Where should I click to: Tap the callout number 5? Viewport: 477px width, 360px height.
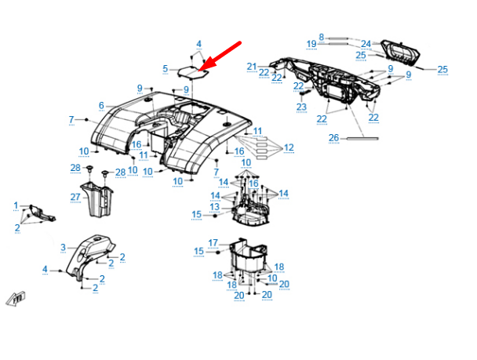point(166,69)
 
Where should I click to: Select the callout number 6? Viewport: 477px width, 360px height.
point(101,106)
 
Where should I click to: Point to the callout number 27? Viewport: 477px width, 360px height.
point(75,197)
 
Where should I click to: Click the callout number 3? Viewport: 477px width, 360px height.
point(64,248)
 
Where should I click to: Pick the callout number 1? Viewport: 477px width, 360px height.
point(16,205)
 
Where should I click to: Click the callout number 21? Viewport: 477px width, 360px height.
point(251,67)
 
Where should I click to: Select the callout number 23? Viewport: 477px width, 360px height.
point(302,106)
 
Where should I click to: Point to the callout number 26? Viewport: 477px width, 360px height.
point(333,139)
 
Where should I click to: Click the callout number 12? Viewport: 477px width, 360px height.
point(289,147)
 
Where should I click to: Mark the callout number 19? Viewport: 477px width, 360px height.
point(311,43)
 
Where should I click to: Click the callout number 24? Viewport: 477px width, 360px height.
point(366,43)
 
